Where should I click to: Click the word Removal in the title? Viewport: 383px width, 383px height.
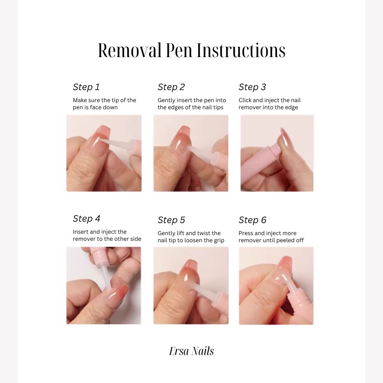pyautogui.click(x=129, y=50)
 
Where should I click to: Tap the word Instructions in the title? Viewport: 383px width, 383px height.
pyautogui.click(x=241, y=50)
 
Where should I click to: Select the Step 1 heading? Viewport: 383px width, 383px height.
pyautogui.click(x=86, y=87)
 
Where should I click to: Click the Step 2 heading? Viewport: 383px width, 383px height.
pyautogui.click(x=171, y=87)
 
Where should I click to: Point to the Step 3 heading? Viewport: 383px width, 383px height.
pyautogui.click(x=252, y=87)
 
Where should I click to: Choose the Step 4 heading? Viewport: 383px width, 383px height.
pyautogui.click(x=87, y=218)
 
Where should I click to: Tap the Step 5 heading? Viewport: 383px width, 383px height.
pyautogui.click(x=171, y=220)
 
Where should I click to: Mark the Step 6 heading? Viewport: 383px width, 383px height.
pyautogui.click(x=252, y=220)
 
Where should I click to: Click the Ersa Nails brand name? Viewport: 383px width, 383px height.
pyautogui.click(x=191, y=351)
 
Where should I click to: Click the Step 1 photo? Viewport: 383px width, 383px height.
pyautogui.click(x=104, y=153)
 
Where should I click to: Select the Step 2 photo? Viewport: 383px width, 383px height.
pyautogui.click(x=191, y=153)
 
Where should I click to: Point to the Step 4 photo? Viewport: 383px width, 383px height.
pyautogui.click(x=104, y=285)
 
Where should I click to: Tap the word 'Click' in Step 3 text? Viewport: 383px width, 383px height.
pyautogui.click(x=245, y=100)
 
